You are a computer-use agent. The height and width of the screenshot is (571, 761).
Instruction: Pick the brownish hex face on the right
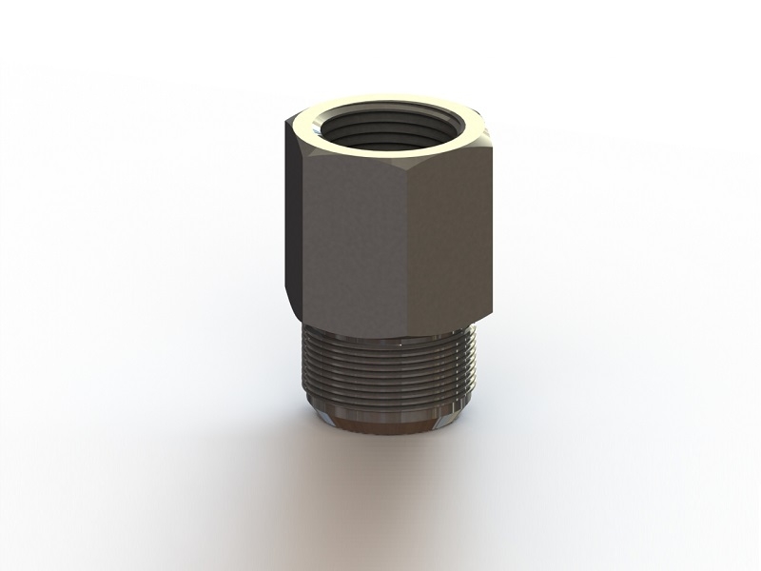(452, 238)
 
